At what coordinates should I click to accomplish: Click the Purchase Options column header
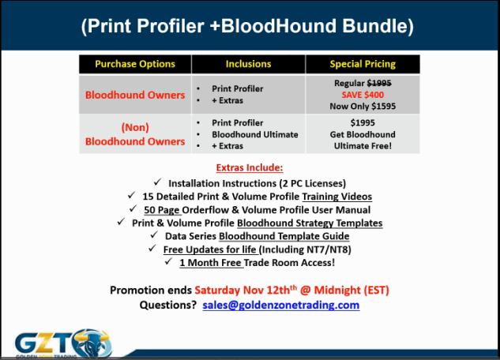tap(135, 64)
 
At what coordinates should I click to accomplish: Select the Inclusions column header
tap(248, 64)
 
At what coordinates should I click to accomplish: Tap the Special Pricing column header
tap(363, 64)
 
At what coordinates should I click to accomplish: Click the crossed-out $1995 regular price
tap(379, 83)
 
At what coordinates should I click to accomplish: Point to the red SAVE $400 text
tap(363, 95)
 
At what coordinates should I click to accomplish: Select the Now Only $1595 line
tap(363, 106)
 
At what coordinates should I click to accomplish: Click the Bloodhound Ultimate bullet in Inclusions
tap(255, 134)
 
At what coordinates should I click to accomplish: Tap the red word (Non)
tap(135, 127)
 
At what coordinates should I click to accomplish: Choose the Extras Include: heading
tap(250, 167)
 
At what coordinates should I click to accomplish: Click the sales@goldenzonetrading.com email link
tap(281, 305)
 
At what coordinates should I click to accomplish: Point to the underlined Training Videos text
tap(337, 197)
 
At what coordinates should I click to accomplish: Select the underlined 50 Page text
tap(162, 210)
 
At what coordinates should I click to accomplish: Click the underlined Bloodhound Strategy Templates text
tap(310, 223)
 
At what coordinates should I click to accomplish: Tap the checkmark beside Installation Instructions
tap(157, 182)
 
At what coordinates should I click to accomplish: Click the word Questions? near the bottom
tap(168, 305)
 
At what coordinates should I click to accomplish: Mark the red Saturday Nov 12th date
tap(246, 290)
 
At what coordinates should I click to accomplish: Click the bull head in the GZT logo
tap(92, 343)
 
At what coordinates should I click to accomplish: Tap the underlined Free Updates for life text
tap(210, 249)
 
